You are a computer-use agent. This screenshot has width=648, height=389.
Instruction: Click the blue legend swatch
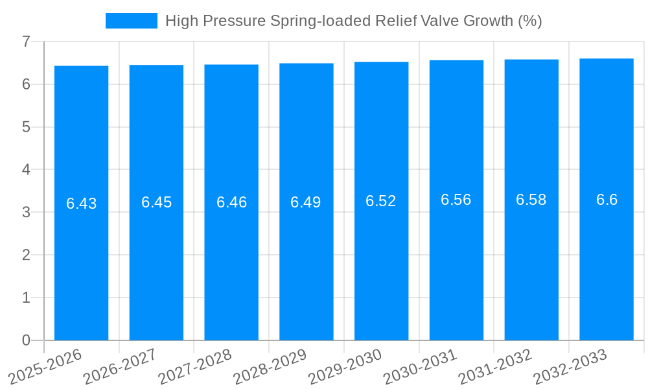pos(132,21)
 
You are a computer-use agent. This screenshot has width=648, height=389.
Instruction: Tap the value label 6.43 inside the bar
pos(81,204)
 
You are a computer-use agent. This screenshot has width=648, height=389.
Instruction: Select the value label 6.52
pos(381,201)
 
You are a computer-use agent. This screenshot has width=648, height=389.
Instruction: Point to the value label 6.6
pos(607,200)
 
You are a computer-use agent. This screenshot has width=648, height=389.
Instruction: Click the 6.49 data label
pos(306,202)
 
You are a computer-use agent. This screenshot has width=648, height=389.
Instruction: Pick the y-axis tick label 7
pos(26,41)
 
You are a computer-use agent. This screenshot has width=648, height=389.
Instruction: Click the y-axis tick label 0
pos(26,340)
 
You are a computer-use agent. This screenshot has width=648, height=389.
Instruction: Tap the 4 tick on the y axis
pos(26,170)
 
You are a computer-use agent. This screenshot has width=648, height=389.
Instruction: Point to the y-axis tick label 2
pos(26,255)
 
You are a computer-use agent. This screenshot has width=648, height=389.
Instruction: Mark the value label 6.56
pos(456,200)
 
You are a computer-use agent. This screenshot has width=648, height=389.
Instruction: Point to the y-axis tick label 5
pos(26,127)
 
